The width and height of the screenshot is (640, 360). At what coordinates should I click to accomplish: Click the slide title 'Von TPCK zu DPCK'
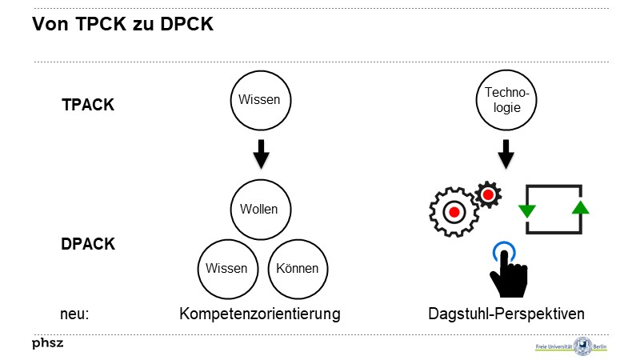122,25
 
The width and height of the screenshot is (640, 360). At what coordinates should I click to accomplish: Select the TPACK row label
88,105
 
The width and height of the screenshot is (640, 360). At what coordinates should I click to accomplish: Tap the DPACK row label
88,244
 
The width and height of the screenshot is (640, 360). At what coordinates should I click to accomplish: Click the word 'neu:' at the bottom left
74,314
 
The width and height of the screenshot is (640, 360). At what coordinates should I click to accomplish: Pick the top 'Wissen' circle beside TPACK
261,100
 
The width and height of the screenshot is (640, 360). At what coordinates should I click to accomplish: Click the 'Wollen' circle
259,210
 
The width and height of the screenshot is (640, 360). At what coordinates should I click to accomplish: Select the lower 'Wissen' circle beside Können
226,268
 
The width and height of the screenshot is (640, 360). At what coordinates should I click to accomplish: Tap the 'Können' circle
297,268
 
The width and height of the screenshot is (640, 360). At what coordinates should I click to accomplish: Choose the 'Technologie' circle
506,100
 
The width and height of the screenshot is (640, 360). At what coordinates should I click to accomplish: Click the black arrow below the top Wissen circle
261,154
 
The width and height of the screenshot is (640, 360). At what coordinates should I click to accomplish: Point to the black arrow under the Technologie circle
506,154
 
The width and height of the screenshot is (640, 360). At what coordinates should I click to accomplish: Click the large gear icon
453,212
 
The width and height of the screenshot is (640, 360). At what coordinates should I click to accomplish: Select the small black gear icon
487,194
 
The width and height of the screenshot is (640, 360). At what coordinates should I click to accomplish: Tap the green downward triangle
526,210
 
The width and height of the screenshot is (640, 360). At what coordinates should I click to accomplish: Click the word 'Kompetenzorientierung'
259,314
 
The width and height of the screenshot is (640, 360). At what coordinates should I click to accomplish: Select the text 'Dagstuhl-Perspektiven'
506,314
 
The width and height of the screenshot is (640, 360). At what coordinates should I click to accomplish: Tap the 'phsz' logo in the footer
47,343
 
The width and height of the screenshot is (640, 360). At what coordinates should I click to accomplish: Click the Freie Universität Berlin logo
571,346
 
